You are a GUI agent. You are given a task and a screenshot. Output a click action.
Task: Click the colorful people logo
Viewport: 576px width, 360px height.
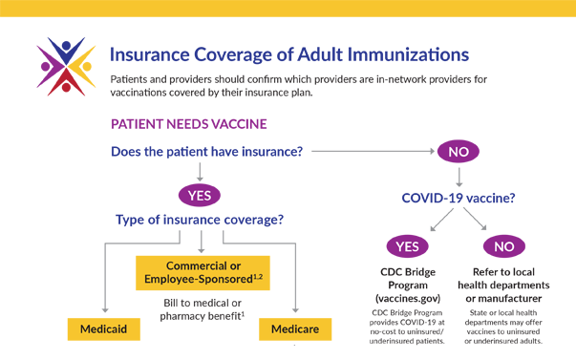tap(64, 68)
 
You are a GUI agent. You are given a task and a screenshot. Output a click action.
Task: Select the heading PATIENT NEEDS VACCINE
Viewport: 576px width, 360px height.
tap(188, 124)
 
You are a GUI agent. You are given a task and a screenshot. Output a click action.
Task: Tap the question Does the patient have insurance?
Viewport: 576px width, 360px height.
tap(206, 151)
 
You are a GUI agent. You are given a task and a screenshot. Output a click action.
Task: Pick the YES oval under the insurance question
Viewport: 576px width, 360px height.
tap(200, 195)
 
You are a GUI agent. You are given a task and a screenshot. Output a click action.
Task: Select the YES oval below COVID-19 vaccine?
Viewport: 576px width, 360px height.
tap(408, 246)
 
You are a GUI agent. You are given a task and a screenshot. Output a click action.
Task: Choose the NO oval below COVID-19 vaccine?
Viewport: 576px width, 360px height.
tap(502, 246)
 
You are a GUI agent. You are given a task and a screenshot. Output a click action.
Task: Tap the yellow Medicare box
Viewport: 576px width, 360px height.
tap(295, 330)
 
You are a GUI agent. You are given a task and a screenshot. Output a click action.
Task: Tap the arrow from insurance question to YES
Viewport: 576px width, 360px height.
tap(200, 172)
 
